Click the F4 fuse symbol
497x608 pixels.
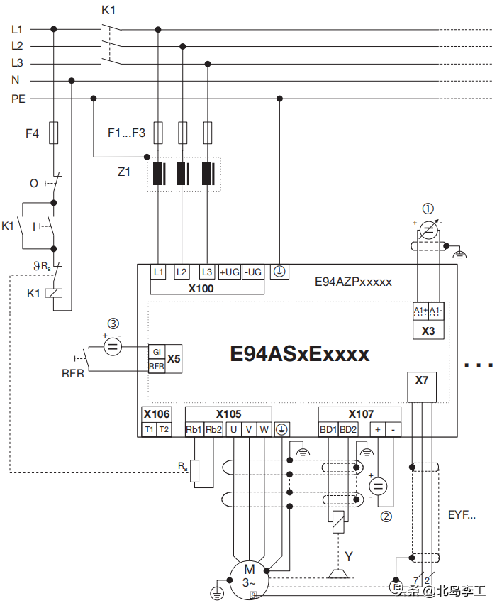(54, 133)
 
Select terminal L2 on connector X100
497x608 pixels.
(182, 272)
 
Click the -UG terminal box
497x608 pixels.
(252, 272)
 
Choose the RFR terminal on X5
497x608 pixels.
(156, 366)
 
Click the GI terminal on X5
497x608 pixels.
(156, 352)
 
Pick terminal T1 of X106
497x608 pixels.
(149, 429)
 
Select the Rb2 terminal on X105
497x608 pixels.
(214, 429)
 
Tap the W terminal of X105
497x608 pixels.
(264, 429)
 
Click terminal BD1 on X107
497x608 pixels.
(328, 429)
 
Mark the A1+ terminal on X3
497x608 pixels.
(420, 311)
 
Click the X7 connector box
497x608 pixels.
(422, 380)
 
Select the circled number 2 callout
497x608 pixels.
(386, 516)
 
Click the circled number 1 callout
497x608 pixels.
(428, 209)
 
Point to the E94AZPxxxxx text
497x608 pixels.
(353, 282)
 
